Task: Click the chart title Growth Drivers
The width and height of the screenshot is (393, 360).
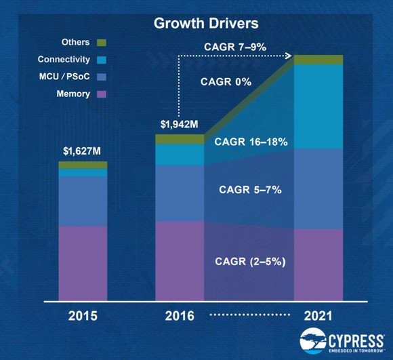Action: (196, 23)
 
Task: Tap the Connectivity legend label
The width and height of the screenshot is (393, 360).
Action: (63, 60)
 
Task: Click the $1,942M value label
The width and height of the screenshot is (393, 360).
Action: (180, 125)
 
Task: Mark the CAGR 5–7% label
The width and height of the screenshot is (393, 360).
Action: (250, 189)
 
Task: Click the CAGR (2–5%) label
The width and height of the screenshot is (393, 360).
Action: (250, 260)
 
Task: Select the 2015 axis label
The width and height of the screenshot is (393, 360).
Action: (83, 317)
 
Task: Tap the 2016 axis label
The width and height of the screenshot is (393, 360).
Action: (180, 317)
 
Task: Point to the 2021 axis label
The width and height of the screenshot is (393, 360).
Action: (317, 317)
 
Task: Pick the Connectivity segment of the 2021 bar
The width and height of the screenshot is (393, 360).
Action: (318, 106)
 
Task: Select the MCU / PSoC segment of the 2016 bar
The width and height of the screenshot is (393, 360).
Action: (180, 193)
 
